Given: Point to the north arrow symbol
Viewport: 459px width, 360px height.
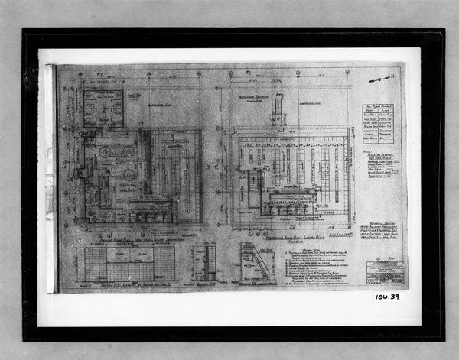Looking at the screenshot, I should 381,78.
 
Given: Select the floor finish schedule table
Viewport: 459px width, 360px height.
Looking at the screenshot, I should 380,123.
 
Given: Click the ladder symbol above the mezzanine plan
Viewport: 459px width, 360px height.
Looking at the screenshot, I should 278,107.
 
